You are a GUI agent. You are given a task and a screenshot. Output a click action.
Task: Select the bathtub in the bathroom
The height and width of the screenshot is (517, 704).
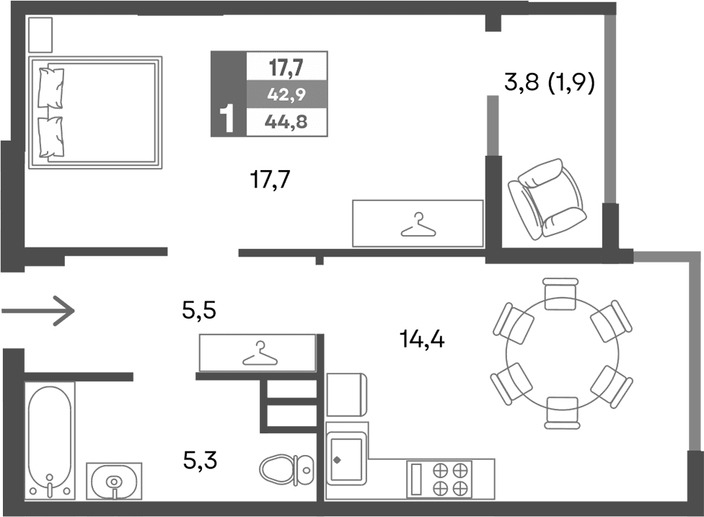click(x=50, y=439)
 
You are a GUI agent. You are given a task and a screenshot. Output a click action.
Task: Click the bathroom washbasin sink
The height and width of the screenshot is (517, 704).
click(x=114, y=480)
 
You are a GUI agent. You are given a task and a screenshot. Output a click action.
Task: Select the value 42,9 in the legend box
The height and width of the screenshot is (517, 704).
click(x=286, y=94)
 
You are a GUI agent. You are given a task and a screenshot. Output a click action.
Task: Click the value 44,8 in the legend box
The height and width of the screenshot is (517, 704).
click(x=286, y=122)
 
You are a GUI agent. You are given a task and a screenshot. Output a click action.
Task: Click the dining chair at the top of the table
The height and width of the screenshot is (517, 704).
click(x=562, y=294)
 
